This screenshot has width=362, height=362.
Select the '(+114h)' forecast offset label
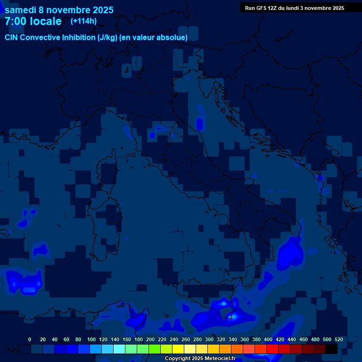pyautogui.click(x=83, y=21)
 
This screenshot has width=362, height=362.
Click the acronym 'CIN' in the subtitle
pyautogui.click(x=12, y=37)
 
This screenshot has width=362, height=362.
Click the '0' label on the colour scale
pyautogui.click(x=30, y=339)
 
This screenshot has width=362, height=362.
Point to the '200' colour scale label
pyautogui.click(x=150, y=339)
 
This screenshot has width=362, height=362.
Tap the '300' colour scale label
pyautogui.click(x=209, y=339)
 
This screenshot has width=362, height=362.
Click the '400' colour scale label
pyautogui.click(x=268, y=339)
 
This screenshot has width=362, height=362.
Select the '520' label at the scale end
pyautogui.click(x=339, y=339)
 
